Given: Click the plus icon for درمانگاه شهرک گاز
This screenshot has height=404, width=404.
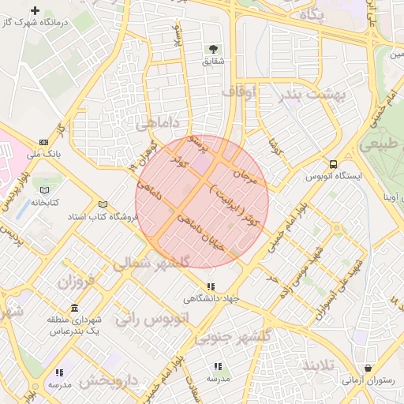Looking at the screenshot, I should [x=34, y=11].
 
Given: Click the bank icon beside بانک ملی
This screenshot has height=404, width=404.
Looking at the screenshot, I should [x=43, y=142].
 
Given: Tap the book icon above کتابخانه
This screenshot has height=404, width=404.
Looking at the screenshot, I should [x=44, y=191].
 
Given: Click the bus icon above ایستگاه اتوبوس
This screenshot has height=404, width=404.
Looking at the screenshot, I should [x=334, y=164].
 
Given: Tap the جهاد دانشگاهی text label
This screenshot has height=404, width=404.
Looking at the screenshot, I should [x=211, y=298].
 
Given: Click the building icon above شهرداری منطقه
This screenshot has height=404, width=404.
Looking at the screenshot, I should [x=74, y=308].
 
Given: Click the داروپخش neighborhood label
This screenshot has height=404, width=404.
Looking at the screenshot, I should [x=110, y=380].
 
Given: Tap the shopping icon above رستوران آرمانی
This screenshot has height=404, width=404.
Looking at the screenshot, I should [x=368, y=368].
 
